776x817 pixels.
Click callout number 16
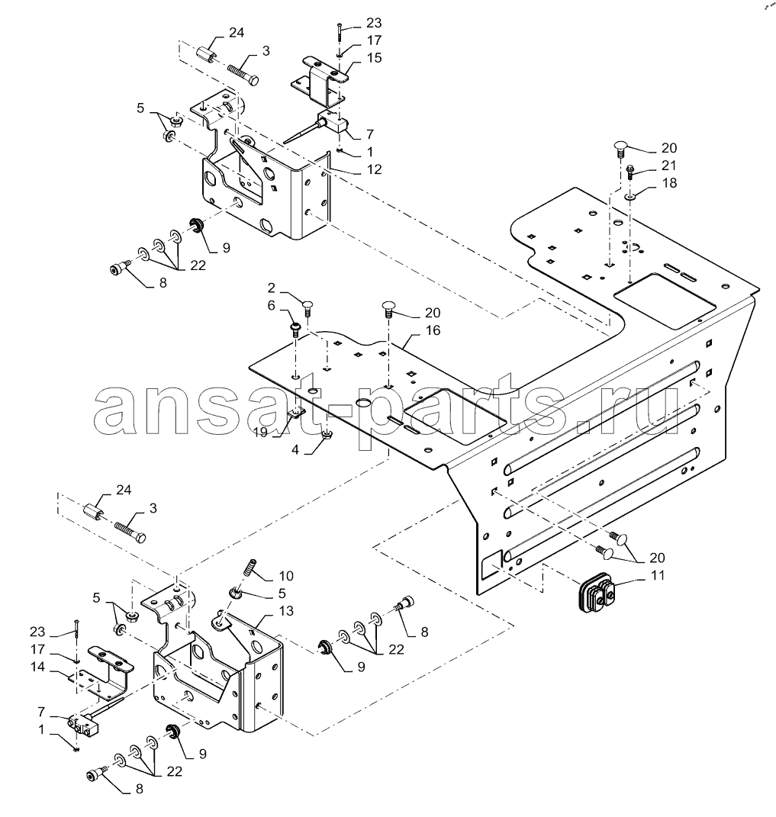click(433, 330)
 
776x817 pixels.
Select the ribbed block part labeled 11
click(594, 593)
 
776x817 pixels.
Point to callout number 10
click(286, 576)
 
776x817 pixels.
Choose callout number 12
click(374, 169)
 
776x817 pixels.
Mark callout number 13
click(286, 610)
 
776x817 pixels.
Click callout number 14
click(37, 667)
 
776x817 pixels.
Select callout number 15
click(374, 57)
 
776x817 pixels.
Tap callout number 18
click(669, 183)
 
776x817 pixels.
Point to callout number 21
click(668, 166)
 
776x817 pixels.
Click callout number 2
click(271, 288)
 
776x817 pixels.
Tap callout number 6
click(271, 305)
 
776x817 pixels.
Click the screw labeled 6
click(295, 330)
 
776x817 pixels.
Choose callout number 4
click(295, 449)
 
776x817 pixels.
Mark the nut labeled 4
click(327, 435)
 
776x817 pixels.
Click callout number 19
click(262, 432)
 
